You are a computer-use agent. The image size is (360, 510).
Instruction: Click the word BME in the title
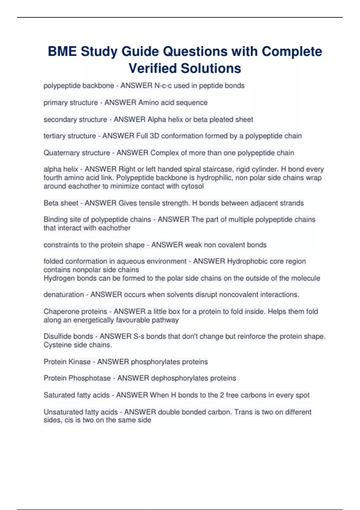coord(62,51)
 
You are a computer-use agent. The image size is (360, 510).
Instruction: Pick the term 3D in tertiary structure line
coord(154,136)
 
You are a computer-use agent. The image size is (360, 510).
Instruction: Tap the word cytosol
coord(192,186)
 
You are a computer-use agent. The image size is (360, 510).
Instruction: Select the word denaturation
coord(64,295)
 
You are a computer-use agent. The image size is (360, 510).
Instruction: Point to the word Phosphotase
coord(90,378)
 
